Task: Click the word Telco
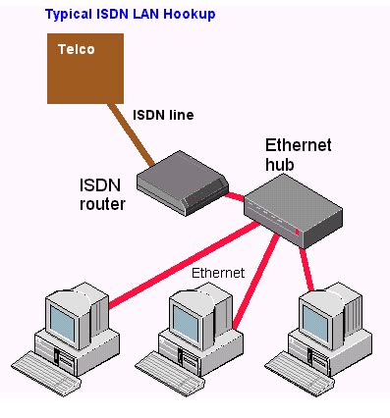[76, 48]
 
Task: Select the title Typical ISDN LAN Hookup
[131, 15]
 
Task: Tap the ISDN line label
[164, 115]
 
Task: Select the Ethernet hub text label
[298, 155]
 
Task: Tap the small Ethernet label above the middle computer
[217, 273]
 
